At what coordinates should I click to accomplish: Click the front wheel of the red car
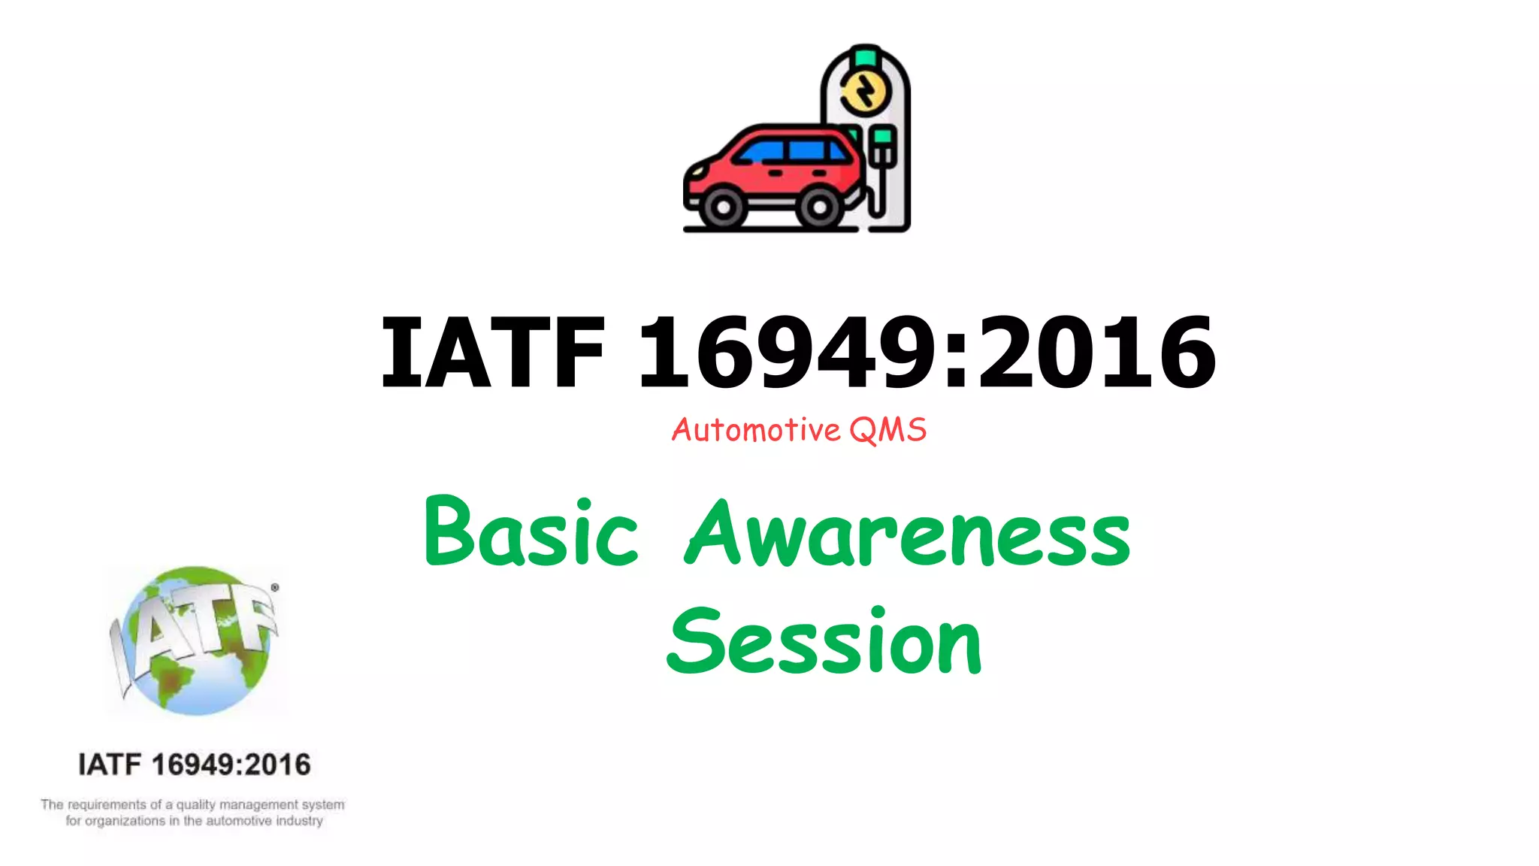pos(722,207)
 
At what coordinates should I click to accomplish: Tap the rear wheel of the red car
pos(818,207)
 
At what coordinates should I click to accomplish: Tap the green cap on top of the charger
pos(866,57)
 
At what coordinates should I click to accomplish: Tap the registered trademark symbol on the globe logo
pos(275,587)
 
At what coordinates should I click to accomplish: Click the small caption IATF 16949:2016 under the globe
pos(194,765)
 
